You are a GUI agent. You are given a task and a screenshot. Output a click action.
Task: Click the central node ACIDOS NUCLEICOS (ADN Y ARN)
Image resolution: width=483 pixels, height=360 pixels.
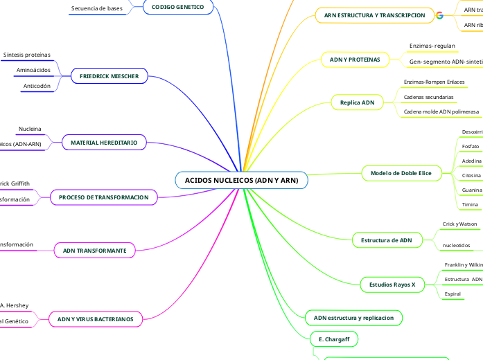(241, 180)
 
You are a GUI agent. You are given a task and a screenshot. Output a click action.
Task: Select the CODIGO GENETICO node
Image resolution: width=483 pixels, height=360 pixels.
(178, 7)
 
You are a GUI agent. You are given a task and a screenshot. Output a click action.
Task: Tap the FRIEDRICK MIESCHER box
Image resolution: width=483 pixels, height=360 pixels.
(109, 76)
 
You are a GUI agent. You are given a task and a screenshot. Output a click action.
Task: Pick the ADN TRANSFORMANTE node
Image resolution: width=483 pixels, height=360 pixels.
(94, 250)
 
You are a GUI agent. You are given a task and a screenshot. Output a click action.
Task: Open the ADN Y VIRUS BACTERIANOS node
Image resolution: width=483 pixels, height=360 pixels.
(95, 318)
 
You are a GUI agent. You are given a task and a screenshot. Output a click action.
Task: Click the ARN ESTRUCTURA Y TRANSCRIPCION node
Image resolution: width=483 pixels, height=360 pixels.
(374, 15)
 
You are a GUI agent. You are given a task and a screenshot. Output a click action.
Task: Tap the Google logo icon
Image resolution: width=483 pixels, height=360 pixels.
(439, 15)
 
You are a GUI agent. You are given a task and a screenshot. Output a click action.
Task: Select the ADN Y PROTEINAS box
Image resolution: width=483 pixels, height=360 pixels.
(355, 60)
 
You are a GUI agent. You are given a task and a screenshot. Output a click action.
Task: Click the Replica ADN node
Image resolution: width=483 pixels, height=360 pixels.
(357, 102)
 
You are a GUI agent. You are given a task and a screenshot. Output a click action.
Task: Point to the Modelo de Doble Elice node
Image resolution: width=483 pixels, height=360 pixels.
(401, 173)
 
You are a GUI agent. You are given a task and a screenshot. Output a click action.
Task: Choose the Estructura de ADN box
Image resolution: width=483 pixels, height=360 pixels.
(387, 240)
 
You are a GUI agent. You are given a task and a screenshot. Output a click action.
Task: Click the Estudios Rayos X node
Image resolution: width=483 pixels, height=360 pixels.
(392, 285)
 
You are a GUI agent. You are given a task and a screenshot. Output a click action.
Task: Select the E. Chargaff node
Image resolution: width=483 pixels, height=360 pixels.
(333, 339)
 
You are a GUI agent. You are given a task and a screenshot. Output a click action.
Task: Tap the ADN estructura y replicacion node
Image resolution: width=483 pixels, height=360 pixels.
(353, 318)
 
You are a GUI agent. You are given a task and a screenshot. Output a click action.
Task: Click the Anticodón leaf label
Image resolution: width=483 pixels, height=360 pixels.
(37, 86)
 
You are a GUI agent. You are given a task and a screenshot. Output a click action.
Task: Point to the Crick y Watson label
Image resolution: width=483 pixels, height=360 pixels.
(459, 224)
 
